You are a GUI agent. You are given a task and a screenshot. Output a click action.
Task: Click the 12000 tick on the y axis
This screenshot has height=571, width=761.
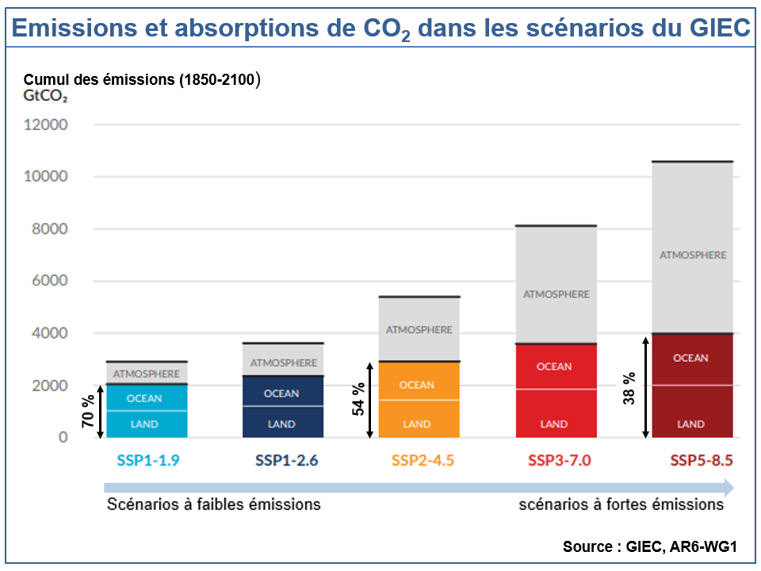[x=46, y=125]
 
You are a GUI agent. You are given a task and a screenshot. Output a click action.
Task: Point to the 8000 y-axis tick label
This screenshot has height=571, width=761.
[x=49, y=229]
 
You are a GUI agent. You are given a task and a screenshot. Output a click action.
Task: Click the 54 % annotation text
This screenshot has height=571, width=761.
[x=359, y=400]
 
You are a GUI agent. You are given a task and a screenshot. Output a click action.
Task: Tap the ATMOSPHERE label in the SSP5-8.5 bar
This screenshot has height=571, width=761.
[x=693, y=255]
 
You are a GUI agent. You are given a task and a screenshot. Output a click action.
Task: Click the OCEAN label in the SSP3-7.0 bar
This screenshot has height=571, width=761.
[x=554, y=366]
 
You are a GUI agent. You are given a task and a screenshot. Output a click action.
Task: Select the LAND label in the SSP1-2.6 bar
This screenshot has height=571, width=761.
[x=281, y=424]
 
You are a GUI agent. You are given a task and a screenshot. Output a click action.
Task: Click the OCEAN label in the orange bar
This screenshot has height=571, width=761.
[x=417, y=385]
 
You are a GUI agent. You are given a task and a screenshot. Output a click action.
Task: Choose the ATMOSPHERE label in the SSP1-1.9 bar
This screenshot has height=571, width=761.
[x=146, y=373]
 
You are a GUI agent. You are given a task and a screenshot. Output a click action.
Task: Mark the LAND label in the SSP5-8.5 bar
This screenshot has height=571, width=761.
[x=690, y=424]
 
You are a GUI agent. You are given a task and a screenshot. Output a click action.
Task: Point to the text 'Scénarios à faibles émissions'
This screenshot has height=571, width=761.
[x=214, y=504]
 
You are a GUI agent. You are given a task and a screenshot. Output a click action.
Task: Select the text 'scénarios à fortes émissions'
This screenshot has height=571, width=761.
[x=621, y=504]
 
